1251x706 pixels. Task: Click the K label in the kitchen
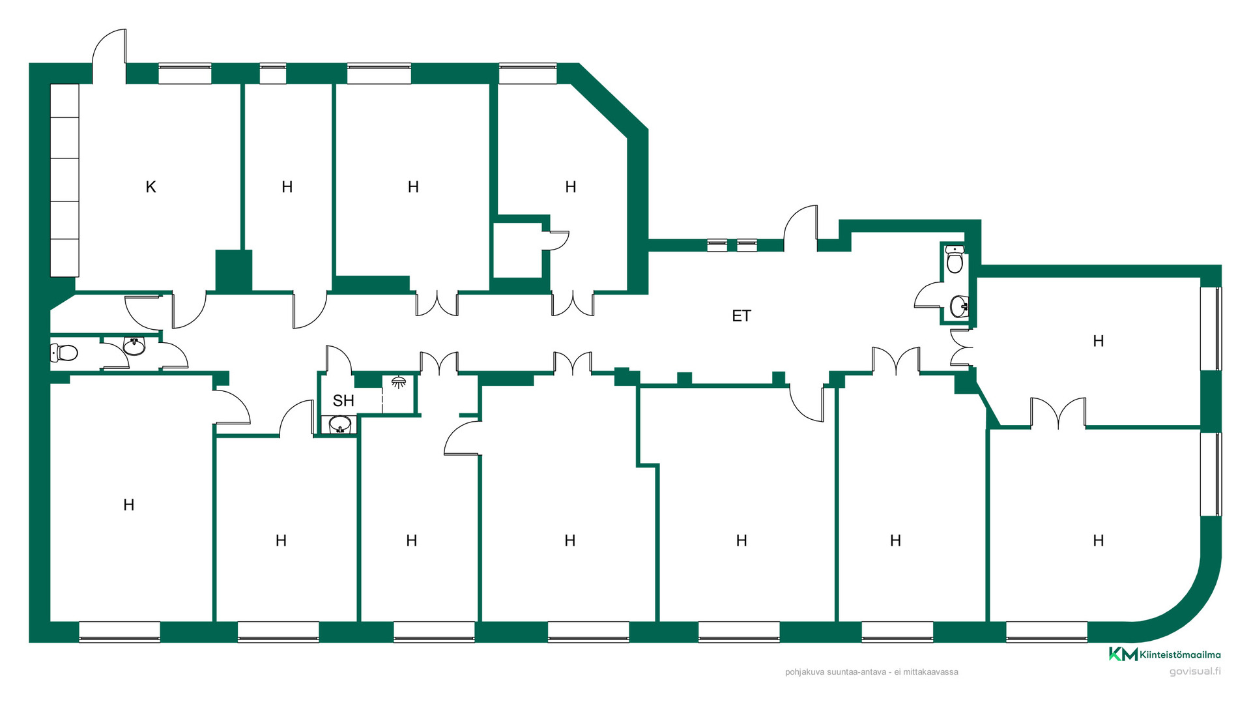click(151, 187)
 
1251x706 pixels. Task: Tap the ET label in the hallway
click(741, 316)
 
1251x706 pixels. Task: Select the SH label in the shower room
click(343, 401)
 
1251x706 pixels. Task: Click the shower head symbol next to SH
click(399, 382)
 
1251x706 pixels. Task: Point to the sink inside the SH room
click(340, 425)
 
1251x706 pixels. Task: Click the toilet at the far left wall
click(64, 353)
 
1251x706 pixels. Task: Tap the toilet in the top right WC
click(955, 259)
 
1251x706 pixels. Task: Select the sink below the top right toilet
click(959, 306)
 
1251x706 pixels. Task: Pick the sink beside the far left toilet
click(134, 346)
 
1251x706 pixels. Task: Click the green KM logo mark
click(1123, 654)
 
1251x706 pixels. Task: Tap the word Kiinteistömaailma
click(1181, 655)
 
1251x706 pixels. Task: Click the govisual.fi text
click(1195, 671)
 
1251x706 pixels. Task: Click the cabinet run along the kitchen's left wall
click(65, 180)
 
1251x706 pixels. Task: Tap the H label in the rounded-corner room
click(1099, 540)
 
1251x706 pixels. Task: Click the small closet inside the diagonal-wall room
click(518, 250)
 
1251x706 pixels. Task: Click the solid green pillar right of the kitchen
click(234, 270)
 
